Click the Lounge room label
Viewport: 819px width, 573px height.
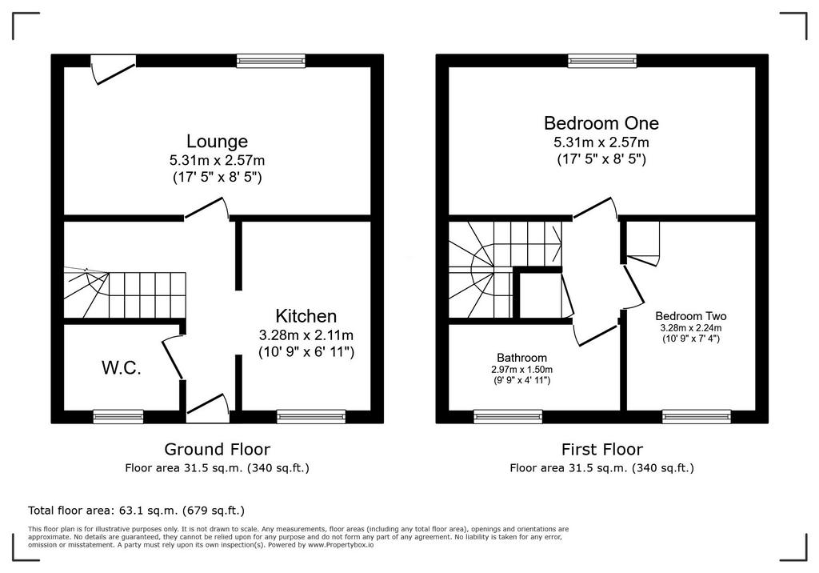coord(218,141)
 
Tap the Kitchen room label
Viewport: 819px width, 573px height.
coord(306,316)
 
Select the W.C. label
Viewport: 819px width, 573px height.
coord(122,368)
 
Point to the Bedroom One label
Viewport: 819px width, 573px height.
coord(601,123)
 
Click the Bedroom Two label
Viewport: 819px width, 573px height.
coord(690,316)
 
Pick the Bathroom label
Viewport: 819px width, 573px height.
coord(521,358)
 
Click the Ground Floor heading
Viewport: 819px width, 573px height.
coord(218,449)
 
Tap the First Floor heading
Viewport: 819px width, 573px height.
coord(601,449)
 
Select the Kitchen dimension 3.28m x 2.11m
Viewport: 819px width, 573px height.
coord(306,335)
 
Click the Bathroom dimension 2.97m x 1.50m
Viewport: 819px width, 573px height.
coord(521,369)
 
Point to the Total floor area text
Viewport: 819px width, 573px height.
coord(136,511)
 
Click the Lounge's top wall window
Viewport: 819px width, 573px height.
coord(270,61)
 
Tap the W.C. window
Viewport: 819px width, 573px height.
coord(118,416)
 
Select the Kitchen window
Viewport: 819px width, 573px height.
coord(311,416)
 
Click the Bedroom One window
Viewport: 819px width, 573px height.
coord(602,61)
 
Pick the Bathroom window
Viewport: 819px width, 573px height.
coord(508,416)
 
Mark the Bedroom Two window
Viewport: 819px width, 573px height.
coord(697,416)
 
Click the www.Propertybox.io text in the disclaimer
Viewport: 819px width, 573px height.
coord(341,545)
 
